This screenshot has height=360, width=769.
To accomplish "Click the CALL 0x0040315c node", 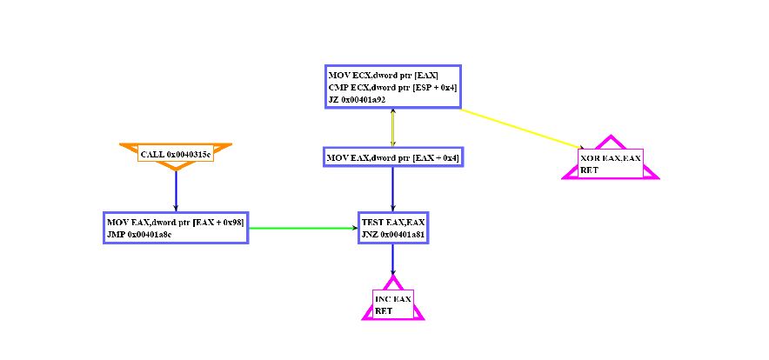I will click(175, 155).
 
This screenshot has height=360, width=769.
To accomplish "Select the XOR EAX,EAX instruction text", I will click(611, 158).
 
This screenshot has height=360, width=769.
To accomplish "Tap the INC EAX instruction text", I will click(392, 299).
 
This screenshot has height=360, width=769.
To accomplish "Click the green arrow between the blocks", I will click(303, 229).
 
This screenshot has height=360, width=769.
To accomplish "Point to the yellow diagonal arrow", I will click(522, 128).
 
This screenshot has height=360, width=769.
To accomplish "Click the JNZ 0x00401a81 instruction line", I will click(393, 234).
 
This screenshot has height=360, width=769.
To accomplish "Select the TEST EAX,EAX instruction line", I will click(391, 223).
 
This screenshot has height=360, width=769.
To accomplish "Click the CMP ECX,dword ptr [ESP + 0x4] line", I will click(392, 88).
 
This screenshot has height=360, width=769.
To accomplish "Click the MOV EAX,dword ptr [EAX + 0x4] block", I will click(392, 157).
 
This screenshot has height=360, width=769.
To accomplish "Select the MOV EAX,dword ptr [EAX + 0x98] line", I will click(175, 223).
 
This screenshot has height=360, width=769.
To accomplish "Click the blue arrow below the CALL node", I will click(176, 190).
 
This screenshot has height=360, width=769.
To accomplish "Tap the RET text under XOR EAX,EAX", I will click(589, 170).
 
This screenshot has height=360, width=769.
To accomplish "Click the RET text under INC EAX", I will click(384, 310).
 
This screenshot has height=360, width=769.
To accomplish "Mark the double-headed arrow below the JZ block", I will click(393, 128).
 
